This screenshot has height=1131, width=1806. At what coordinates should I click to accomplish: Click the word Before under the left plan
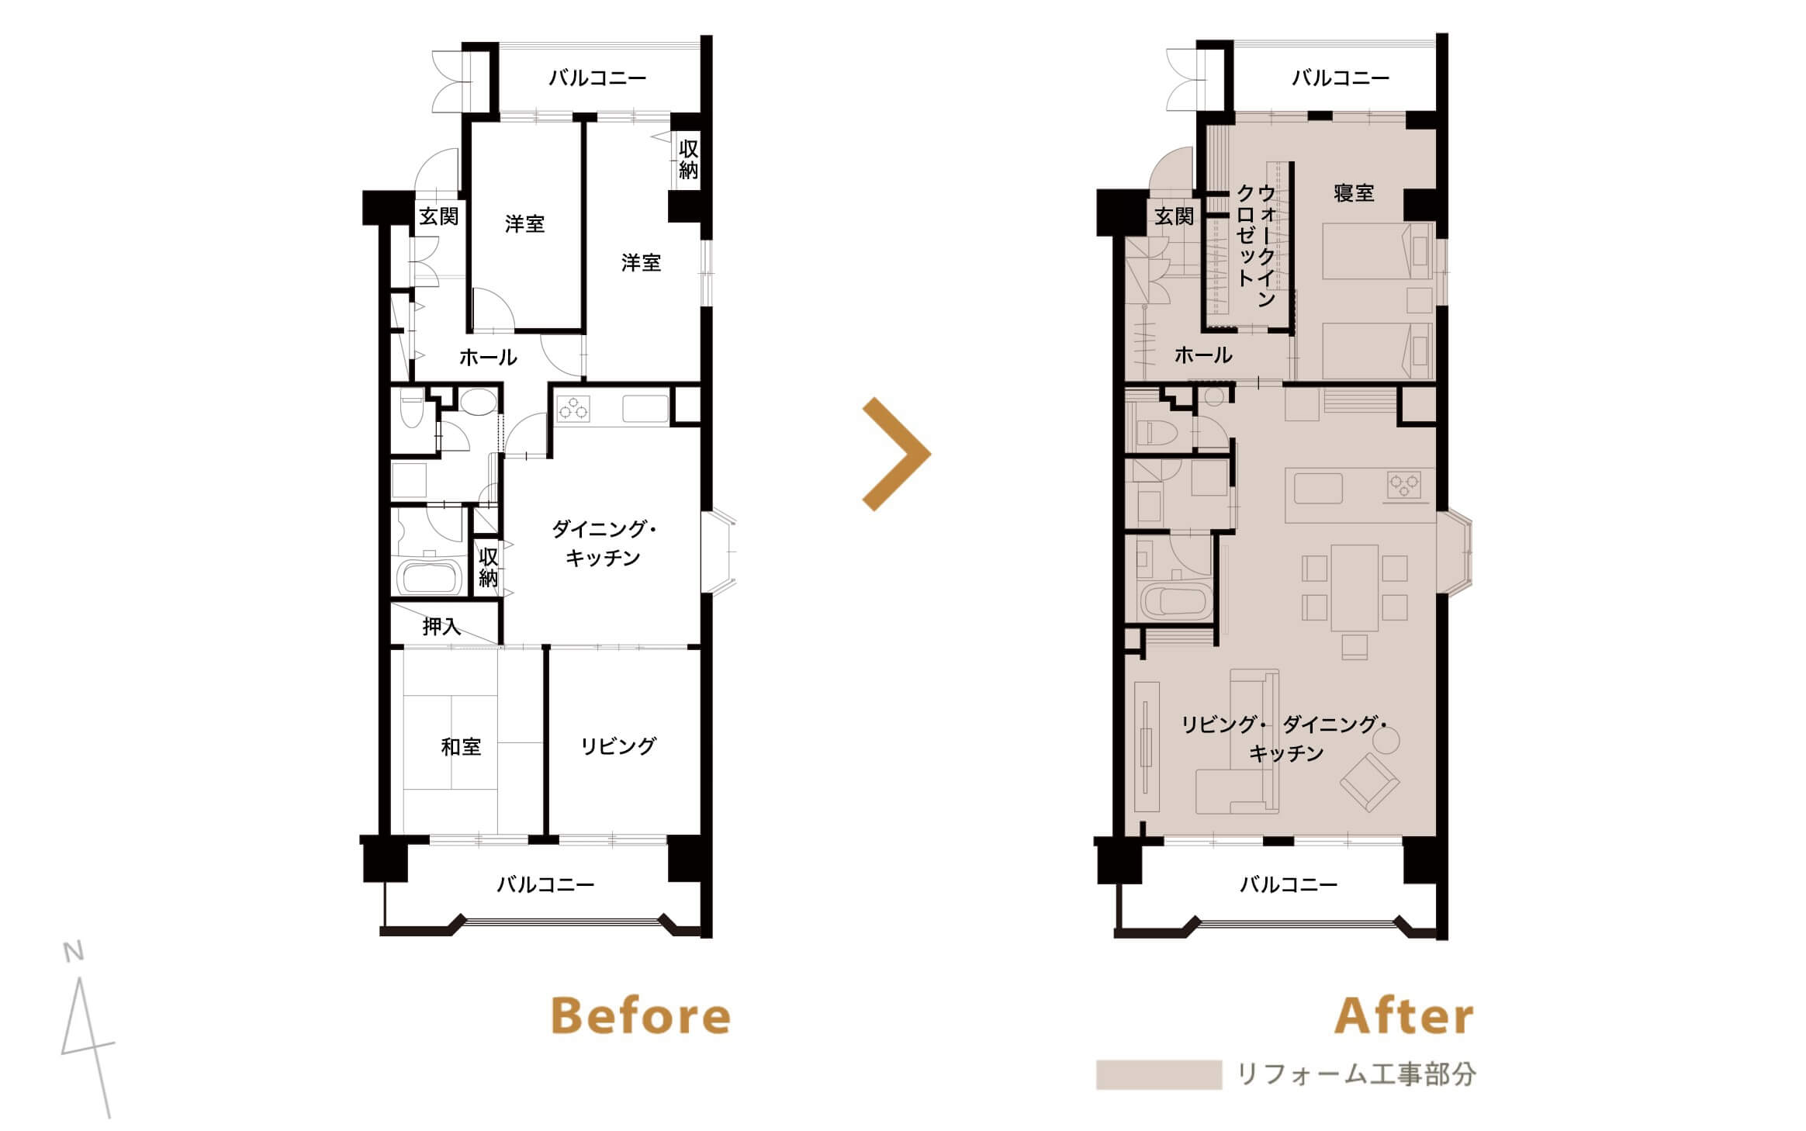pyautogui.click(x=641, y=1015)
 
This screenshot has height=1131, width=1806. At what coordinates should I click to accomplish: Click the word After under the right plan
pyautogui.click(x=1403, y=1015)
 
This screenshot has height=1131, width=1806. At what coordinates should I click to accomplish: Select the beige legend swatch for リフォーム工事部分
pyautogui.click(x=1159, y=1075)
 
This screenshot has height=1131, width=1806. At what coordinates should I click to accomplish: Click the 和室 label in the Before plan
pyautogui.click(x=461, y=747)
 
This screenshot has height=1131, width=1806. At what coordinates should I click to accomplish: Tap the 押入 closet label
pyautogui.click(x=441, y=626)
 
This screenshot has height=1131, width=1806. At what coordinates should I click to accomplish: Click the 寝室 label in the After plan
pyautogui.click(x=1354, y=193)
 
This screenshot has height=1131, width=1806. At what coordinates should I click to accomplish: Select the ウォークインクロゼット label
pyautogui.click(x=1256, y=245)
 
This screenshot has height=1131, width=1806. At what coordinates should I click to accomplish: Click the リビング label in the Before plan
pyautogui.click(x=618, y=746)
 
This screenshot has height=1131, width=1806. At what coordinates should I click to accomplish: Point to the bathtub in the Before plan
pyautogui.click(x=430, y=575)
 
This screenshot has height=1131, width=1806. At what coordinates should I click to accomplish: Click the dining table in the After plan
pyautogui.click(x=1354, y=588)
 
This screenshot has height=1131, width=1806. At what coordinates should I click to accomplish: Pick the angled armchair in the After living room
pyautogui.click(x=1370, y=782)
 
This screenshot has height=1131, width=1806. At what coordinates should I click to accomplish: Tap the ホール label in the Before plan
pyautogui.click(x=488, y=358)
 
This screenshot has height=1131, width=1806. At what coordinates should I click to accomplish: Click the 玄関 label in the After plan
pyautogui.click(x=1174, y=216)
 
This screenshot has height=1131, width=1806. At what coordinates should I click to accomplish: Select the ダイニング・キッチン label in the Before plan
pyautogui.click(x=604, y=544)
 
